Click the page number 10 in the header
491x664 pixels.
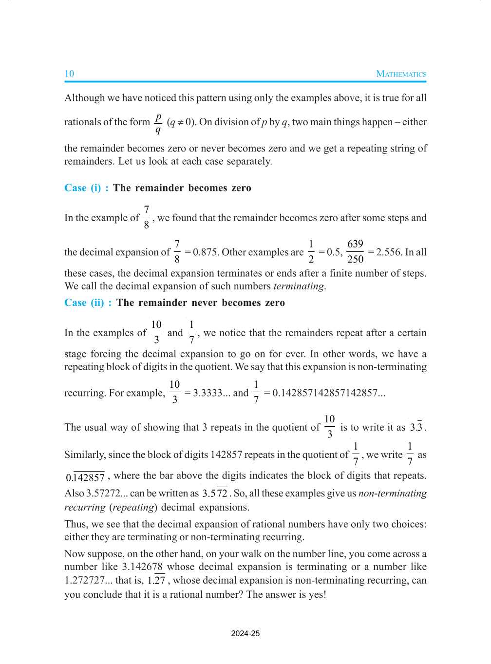point(69,74)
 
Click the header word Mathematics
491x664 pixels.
point(401,74)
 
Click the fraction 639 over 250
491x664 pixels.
point(355,251)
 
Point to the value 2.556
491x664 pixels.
point(389,252)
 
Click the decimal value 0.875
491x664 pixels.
point(206,252)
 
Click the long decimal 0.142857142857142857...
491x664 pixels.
point(328,393)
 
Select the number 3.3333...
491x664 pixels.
point(208,393)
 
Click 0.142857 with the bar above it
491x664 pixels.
point(85,477)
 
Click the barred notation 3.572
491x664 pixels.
point(215,493)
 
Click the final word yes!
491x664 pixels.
point(317,594)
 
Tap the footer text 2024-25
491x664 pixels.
point(245,634)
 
